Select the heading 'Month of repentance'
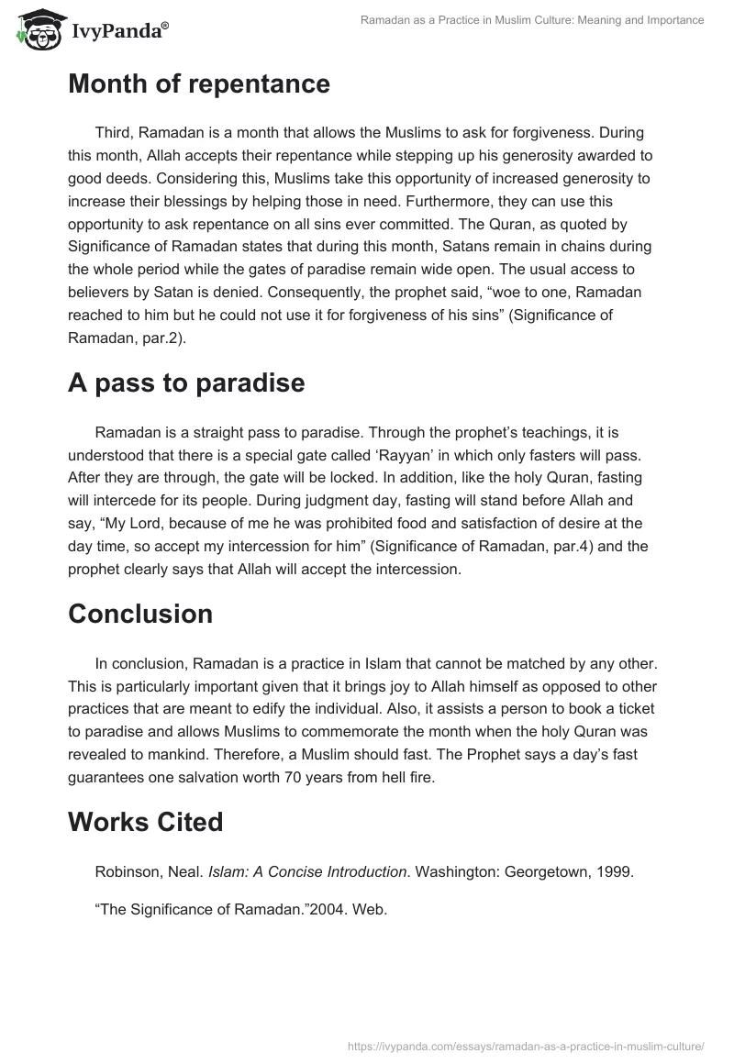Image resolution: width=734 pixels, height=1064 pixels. coord(199,84)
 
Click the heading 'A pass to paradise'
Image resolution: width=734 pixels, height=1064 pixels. coord(186,382)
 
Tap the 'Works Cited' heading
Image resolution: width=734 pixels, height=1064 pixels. coord(146,822)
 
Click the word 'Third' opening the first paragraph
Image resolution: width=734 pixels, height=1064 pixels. coord(113,134)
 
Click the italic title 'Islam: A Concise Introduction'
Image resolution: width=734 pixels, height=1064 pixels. coord(308,871)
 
